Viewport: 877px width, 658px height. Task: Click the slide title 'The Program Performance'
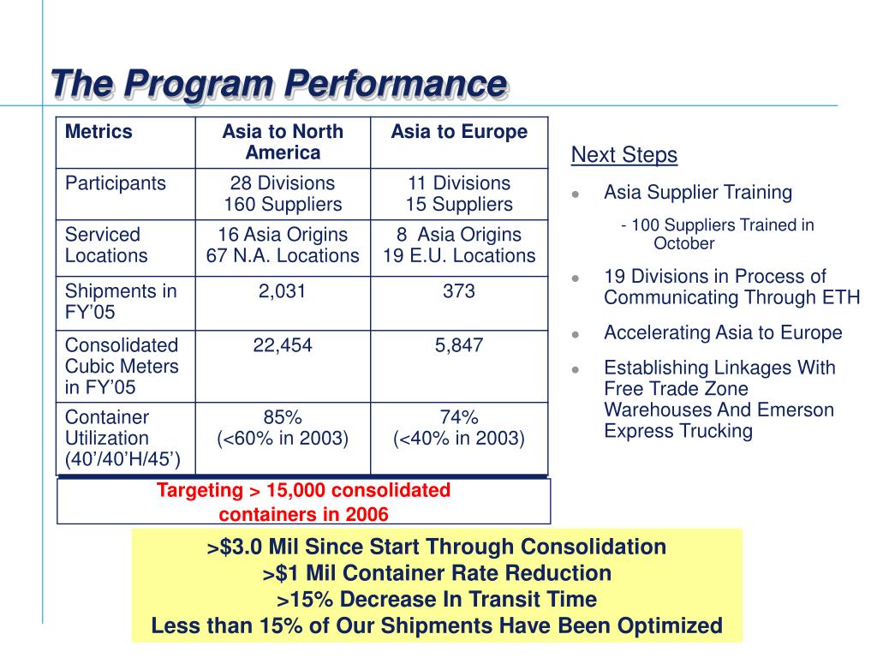click(x=278, y=85)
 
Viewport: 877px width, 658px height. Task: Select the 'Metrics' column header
click(x=98, y=132)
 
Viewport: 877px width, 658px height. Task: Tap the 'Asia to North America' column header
click(x=283, y=142)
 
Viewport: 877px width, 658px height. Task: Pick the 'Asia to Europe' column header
click(x=459, y=132)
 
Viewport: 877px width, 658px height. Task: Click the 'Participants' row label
click(x=116, y=183)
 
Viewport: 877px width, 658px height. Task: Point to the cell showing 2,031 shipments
click(x=283, y=291)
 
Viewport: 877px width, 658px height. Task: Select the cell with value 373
click(x=459, y=291)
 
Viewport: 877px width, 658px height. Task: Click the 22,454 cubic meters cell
click(x=283, y=346)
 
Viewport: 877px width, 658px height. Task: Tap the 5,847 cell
click(x=459, y=346)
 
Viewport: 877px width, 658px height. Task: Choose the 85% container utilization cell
click(x=283, y=428)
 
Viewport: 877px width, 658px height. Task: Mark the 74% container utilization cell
click(x=459, y=428)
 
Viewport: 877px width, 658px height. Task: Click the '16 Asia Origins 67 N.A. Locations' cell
click(x=283, y=245)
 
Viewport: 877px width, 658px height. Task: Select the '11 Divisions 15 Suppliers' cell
click(x=459, y=194)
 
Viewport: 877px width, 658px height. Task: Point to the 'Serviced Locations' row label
click(x=106, y=245)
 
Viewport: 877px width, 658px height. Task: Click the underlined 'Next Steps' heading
click(x=624, y=155)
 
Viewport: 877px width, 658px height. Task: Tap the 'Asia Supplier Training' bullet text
click(x=698, y=192)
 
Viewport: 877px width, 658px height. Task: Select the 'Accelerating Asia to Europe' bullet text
click(x=723, y=332)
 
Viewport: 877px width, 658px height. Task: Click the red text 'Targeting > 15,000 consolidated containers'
click(x=303, y=502)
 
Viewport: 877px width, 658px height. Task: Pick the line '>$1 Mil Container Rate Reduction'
click(x=437, y=573)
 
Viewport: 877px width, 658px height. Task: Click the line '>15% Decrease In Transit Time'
click(x=437, y=600)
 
